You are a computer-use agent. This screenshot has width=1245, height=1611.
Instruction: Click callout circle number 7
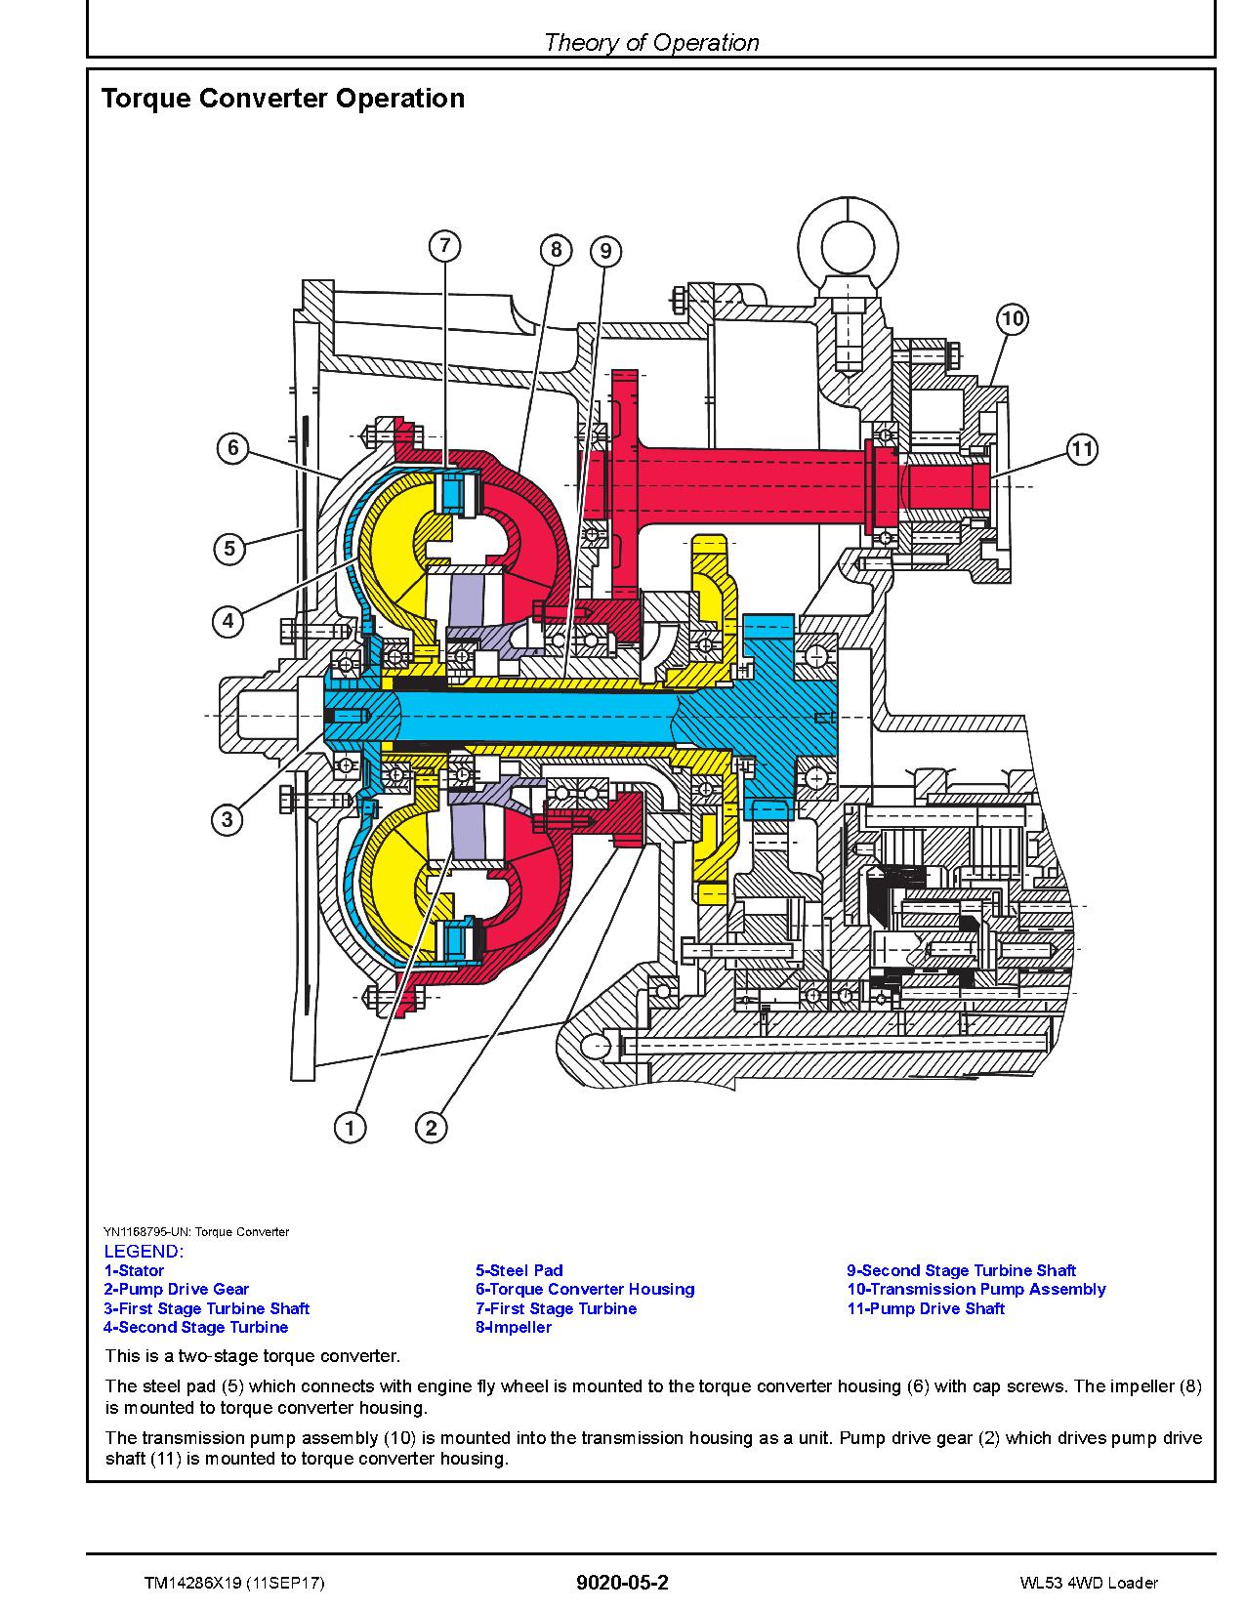444,246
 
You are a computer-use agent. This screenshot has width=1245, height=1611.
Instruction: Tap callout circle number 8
556,250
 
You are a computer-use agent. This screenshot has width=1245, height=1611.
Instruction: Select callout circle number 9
605,252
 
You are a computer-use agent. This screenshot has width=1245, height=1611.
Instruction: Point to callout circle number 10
1013,318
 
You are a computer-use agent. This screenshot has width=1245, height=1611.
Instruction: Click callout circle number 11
1081,450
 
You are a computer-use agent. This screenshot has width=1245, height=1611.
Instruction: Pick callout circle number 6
232,449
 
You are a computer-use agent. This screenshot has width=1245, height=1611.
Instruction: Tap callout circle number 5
229,549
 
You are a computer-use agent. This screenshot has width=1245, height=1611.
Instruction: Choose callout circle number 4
228,621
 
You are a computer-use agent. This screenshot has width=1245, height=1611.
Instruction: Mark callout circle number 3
228,819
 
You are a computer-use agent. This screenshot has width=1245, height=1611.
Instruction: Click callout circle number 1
350,1129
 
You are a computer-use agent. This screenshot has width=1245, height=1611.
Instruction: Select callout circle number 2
432,1129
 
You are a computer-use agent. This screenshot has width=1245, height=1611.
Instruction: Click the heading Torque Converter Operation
283,99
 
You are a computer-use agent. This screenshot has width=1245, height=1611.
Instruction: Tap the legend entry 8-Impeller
514,1328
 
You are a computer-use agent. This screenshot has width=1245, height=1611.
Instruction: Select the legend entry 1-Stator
134,1271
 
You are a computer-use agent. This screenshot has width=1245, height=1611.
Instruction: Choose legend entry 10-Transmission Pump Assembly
975,1290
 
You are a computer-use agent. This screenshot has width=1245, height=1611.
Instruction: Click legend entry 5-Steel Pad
519,1271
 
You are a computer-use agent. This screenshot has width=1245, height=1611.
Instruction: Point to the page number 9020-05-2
622,1583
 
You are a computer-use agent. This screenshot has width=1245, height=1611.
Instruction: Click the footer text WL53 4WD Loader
1088,1583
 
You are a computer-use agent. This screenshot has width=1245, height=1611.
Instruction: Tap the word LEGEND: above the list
144,1252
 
